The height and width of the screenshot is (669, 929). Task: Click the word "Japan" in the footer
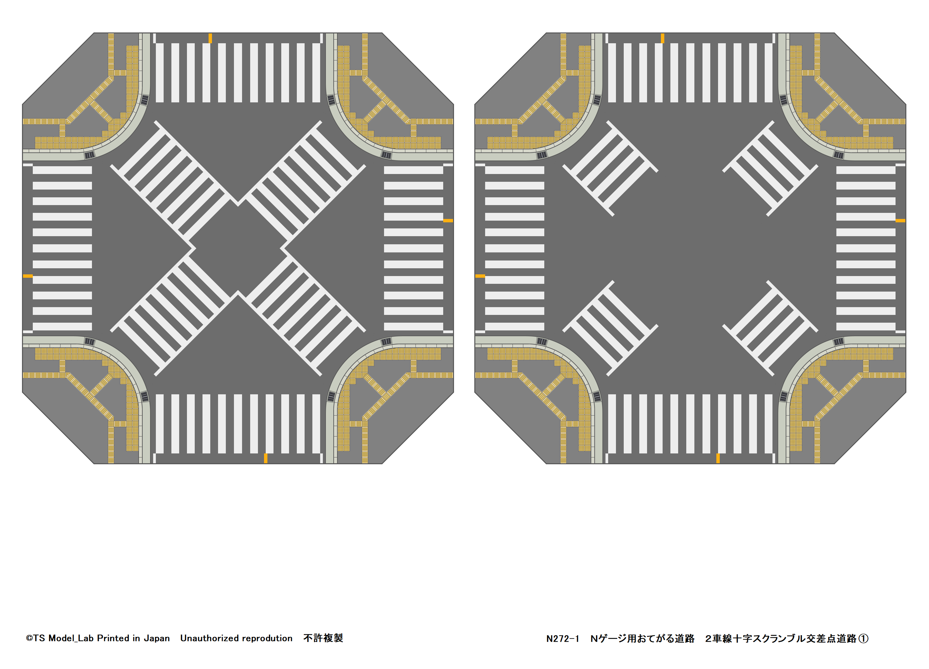pyautogui.click(x=157, y=638)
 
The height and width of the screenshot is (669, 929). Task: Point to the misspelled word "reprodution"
pyautogui.click(x=267, y=638)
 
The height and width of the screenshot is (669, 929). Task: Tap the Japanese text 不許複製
pyautogui.click(x=323, y=638)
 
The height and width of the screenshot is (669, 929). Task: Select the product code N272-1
pyautogui.click(x=563, y=639)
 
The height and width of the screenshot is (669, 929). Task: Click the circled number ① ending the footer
pyautogui.click(x=863, y=639)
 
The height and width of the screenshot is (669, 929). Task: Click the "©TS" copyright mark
pyautogui.click(x=35, y=638)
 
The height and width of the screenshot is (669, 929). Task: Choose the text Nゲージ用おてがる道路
pyautogui.click(x=642, y=639)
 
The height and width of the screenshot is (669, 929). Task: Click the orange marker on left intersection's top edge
pyautogui.click(x=210, y=39)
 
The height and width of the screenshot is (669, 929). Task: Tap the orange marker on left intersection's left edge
pyautogui.click(x=27, y=276)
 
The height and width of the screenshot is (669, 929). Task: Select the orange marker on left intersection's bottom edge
pyautogui.click(x=265, y=458)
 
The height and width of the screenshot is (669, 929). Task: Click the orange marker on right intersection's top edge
pyautogui.click(x=662, y=39)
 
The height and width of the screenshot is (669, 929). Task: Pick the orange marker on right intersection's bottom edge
pyautogui.click(x=718, y=458)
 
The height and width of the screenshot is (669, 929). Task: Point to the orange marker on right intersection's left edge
pyautogui.click(x=480, y=276)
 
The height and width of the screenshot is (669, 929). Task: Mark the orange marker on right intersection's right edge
pyautogui.click(x=900, y=221)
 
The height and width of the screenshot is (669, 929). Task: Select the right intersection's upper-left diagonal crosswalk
pyautogui.click(x=610, y=168)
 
